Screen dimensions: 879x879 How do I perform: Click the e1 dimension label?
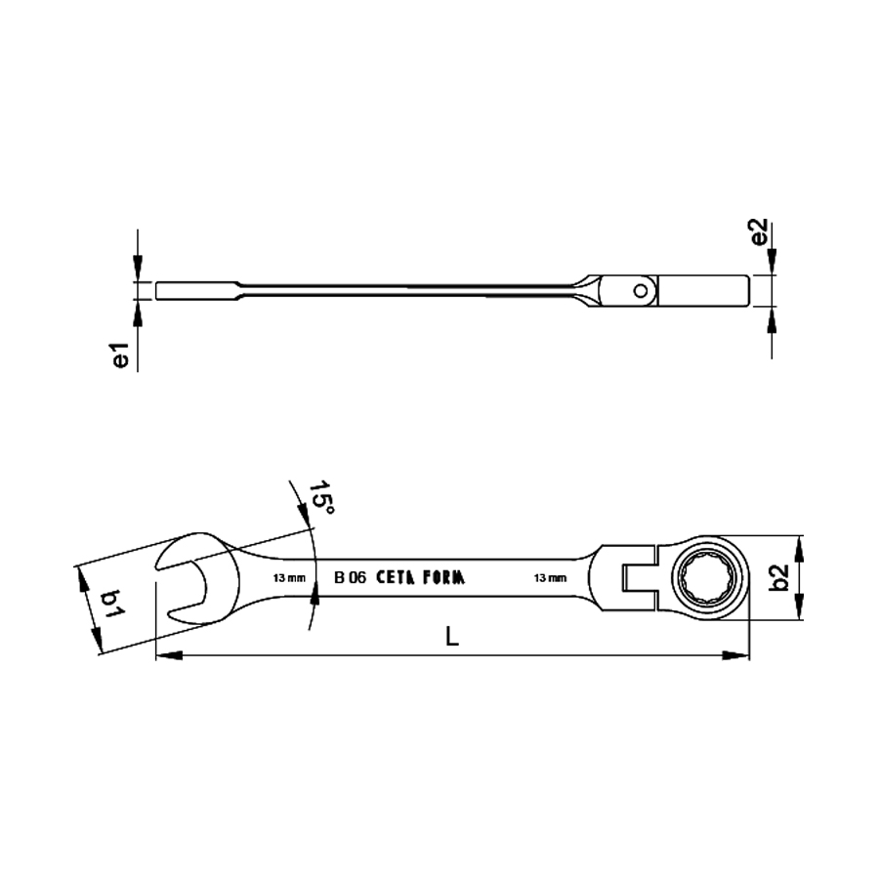pos(121,356)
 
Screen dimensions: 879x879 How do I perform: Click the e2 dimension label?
pos(758,231)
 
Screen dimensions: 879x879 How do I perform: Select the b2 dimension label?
pos(778,578)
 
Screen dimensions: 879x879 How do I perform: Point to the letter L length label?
pos(452,636)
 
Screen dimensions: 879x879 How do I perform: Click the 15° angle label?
pos(321,498)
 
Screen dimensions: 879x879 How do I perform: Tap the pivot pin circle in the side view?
pos(640,290)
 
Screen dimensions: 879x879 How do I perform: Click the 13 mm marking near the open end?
pos(289,578)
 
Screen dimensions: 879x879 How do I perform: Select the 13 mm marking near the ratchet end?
pos(550,578)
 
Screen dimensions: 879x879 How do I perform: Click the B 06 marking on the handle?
pos(350,578)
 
